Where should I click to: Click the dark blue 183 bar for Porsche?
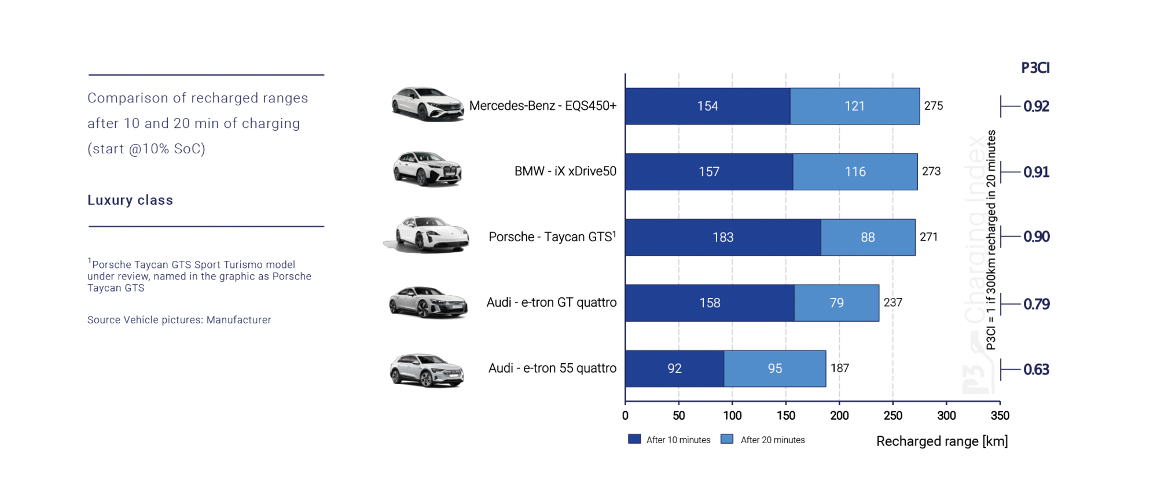pos(723,237)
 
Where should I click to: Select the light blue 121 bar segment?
pos(854,106)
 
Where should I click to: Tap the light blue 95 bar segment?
pos(774,369)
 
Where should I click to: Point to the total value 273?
pos(931,171)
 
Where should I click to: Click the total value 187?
pos(839,369)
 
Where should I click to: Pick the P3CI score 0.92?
pos(1036,106)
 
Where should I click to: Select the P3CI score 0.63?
pos(1036,370)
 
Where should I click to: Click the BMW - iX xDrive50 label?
pos(565,171)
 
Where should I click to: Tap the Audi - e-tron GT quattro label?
pos(551,303)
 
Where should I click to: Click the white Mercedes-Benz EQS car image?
pos(427,104)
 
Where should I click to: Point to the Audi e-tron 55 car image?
pos(427,370)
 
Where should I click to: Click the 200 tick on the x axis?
pos(839,415)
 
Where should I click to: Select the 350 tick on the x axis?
pos(1000,415)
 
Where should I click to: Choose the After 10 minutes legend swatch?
pos(634,439)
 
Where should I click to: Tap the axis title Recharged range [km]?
pos(942,441)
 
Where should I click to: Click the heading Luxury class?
pos(130,200)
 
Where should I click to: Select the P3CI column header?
pos(1035,68)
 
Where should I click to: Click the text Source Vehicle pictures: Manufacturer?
pos(179,320)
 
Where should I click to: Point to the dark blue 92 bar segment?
pos(674,369)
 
